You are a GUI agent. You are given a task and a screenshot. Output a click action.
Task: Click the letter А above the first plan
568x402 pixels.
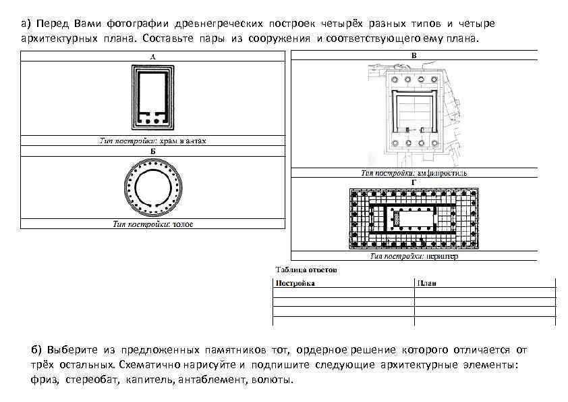(x=153, y=57)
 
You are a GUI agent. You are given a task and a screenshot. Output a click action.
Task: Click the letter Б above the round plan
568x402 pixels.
(x=153, y=151)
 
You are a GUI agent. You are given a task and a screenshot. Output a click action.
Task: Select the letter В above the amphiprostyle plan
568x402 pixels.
(x=414, y=55)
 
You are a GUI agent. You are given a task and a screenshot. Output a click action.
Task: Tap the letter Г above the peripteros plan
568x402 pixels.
(x=414, y=182)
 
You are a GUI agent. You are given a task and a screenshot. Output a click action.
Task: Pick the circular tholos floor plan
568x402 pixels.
(x=153, y=187)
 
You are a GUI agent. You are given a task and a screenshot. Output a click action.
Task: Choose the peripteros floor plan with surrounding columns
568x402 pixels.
(x=414, y=220)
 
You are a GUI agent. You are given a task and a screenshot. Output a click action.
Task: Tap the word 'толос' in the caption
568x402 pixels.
(x=182, y=224)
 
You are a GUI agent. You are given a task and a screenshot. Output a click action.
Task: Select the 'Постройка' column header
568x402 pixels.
(x=295, y=284)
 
